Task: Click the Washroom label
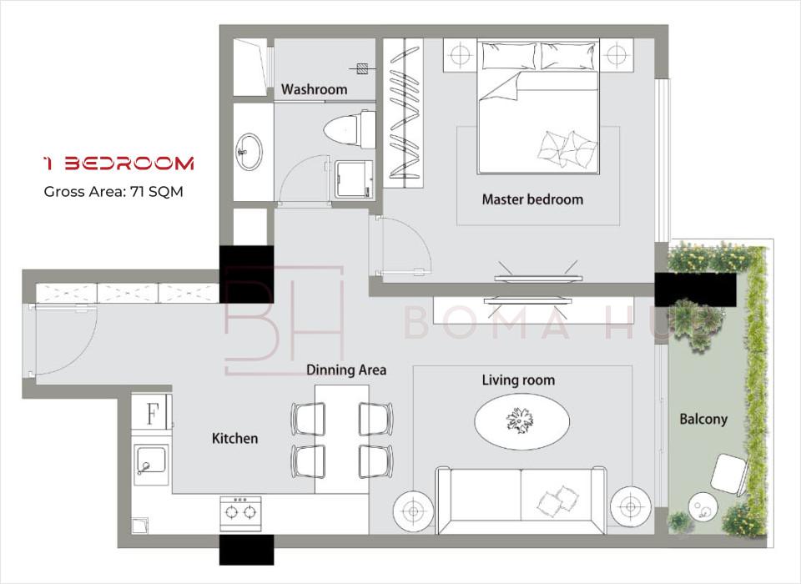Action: [314, 89]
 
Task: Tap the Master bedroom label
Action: [532, 199]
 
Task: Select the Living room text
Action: [518, 380]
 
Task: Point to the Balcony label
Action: [703, 420]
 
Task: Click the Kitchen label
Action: [234, 438]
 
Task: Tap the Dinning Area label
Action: [345, 370]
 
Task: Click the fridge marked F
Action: [152, 413]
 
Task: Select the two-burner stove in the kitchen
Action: [240, 513]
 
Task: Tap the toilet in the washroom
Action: [350, 129]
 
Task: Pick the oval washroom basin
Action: [249, 151]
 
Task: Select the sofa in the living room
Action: [521, 501]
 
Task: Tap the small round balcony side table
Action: [703, 507]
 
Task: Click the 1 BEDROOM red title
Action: [118, 164]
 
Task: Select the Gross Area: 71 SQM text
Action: [113, 192]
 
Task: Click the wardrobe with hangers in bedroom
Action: [403, 113]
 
